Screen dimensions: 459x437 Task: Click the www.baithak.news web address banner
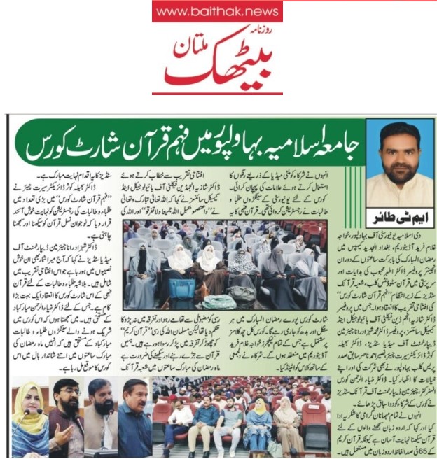click(x=217, y=11)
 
